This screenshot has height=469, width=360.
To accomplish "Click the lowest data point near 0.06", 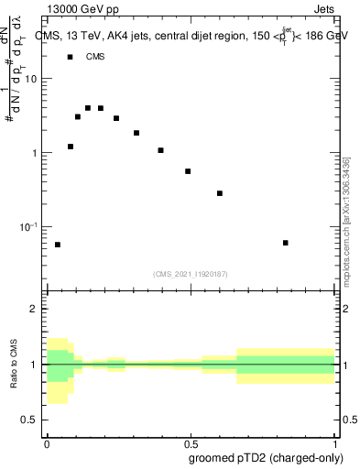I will tap(58, 245).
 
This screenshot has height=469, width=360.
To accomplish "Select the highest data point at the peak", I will tap(88, 108).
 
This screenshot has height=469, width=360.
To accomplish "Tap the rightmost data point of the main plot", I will tap(286, 243).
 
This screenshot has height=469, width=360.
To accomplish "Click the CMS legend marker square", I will tap(71, 57).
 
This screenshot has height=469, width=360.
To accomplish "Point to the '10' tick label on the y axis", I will tap(31, 79).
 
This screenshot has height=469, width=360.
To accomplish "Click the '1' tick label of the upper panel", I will tap(35, 153).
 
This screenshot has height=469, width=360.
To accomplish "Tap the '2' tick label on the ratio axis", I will tap(35, 310).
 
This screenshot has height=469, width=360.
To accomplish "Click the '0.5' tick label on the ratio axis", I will tap(29, 420).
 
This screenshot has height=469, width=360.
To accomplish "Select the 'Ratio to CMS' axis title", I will tap(15, 365).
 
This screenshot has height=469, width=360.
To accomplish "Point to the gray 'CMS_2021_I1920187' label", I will tap(191, 274).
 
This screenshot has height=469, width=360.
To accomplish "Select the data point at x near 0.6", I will tap(220, 193).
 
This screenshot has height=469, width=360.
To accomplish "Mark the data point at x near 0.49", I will tap(188, 171).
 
